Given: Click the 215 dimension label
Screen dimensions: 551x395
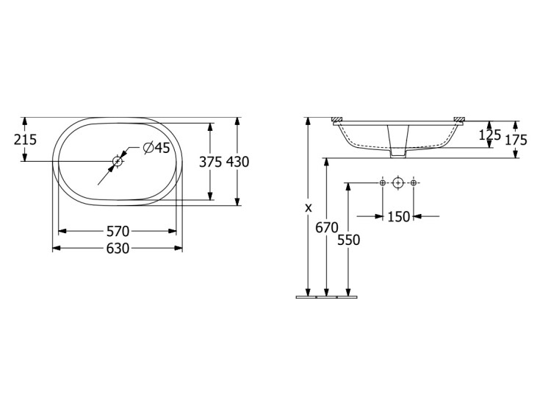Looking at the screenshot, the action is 25,140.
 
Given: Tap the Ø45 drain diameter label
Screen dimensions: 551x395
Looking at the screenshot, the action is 156,148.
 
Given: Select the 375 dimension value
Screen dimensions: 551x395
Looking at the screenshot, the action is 211,162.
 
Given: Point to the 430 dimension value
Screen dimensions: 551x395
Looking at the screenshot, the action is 237,162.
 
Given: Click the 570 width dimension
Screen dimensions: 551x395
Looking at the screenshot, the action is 118,231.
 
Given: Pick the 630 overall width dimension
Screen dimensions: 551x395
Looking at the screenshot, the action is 118,249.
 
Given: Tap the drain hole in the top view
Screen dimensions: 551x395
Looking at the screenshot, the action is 118,161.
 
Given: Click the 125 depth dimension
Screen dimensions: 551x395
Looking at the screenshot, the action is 489,135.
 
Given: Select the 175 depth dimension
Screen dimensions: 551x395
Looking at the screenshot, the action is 516,140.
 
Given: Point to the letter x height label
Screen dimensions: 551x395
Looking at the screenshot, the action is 308,208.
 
